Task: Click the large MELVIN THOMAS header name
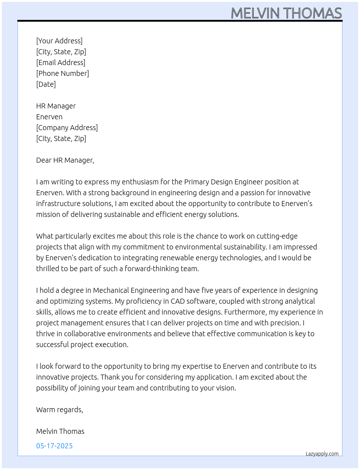click(x=286, y=13)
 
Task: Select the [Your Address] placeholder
click(x=59, y=41)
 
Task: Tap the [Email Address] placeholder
click(x=61, y=63)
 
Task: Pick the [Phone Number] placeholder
click(x=63, y=73)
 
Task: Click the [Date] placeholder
click(x=46, y=84)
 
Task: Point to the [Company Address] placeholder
click(x=67, y=128)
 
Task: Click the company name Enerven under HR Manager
click(x=49, y=117)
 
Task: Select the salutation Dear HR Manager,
click(x=65, y=160)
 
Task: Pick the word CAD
click(x=178, y=301)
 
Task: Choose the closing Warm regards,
click(x=60, y=410)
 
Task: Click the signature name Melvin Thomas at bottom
click(x=60, y=431)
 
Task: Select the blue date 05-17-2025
click(x=55, y=446)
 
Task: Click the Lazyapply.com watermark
click(x=322, y=454)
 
